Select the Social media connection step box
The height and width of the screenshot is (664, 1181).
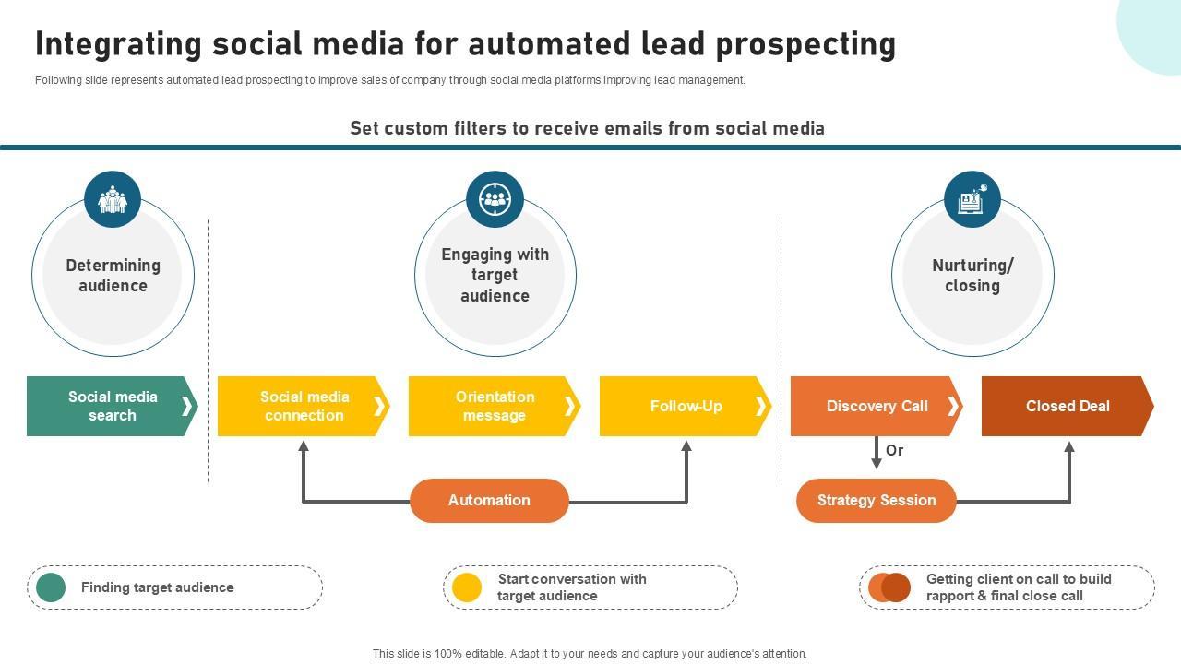pos(304,406)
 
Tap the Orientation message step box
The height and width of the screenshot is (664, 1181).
pos(495,406)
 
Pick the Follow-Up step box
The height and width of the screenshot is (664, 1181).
pos(686,406)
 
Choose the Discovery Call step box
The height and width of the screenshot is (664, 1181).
pos(877,406)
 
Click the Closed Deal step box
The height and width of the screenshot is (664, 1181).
pos(1068,406)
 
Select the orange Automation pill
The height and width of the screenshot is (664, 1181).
pos(489,501)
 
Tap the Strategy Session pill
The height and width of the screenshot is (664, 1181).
pos(877,501)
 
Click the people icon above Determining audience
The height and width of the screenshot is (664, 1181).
pos(113,199)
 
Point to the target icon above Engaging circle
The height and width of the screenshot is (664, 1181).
pos(495,199)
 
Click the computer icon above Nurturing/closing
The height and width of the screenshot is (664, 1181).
pos(972,199)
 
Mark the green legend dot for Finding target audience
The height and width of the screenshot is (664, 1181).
pos(51,587)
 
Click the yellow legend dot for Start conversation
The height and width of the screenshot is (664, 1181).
pos(467,587)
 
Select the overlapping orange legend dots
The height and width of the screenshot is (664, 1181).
pos(889,587)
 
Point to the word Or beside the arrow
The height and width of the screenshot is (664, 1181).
pos(895,450)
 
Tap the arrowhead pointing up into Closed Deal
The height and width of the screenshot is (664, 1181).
pos(1069,448)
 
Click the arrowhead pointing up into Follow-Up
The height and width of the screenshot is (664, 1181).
pos(686,447)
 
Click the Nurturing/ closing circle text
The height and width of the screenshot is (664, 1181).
pos(972,276)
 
